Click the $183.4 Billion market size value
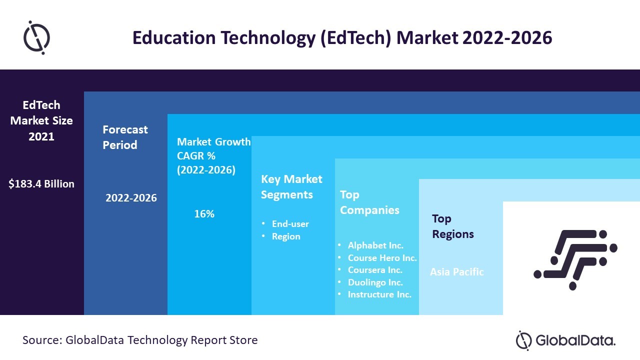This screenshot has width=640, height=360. (41, 184)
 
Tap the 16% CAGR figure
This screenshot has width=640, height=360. (204, 214)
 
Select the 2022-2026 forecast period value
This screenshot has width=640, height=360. (131, 198)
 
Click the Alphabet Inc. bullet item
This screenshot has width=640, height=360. (375, 245)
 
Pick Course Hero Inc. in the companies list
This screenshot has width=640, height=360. (382, 258)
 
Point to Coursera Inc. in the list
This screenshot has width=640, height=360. (375, 270)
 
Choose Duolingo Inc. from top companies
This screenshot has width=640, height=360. (375, 282)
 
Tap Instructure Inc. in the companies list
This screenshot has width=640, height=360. (379, 294)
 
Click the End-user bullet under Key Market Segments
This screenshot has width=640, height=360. (290, 224)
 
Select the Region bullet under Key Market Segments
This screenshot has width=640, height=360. (286, 236)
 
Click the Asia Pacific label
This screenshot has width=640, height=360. (457, 272)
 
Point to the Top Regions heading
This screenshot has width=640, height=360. (453, 226)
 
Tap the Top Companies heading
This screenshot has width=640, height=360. (369, 202)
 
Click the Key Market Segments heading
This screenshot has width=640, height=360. (291, 186)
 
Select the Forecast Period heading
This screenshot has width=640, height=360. (125, 137)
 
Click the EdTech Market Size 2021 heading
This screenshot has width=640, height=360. (41, 120)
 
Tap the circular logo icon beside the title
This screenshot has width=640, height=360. (36, 37)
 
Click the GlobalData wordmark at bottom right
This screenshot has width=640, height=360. (574, 341)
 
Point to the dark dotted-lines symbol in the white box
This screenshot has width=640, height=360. (575, 259)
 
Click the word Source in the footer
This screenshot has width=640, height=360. (41, 340)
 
